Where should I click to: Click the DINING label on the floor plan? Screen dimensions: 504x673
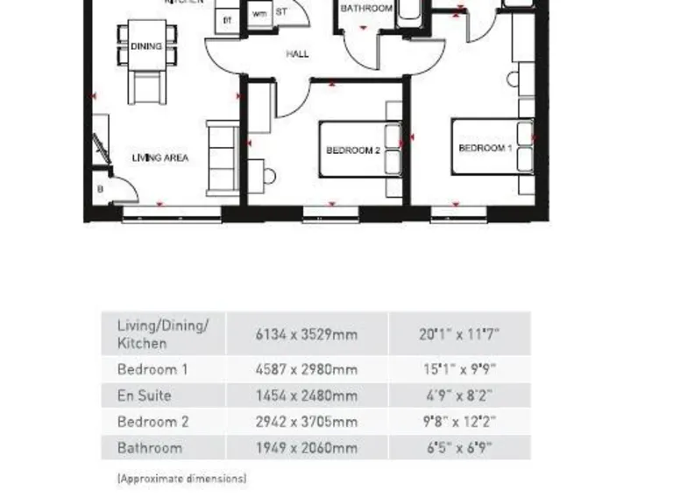(x=146, y=46)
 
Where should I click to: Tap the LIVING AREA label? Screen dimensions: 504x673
(x=160, y=158)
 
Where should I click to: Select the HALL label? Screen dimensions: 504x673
(x=298, y=54)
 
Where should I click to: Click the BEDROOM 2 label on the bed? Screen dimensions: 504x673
(x=352, y=150)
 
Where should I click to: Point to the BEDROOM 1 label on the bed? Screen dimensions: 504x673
(x=485, y=149)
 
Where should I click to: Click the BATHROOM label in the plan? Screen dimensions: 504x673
(x=366, y=9)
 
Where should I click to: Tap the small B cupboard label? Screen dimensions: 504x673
(x=100, y=188)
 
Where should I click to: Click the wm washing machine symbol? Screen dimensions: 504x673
(x=259, y=14)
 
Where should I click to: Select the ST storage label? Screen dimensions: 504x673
(x=281, y=13)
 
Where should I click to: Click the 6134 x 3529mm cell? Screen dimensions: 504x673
(x=307, y=334)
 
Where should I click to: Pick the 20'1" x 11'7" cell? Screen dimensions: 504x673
(x=458, y=334)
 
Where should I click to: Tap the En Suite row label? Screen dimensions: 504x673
(x=145, y=395)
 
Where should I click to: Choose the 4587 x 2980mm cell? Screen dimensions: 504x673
(x=307, y=369)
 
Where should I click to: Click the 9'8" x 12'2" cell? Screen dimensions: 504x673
(x=458, y=422)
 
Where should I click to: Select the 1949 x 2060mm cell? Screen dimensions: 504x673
(x=307, y=448)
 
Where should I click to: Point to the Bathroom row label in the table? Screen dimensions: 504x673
(x=150, y=448)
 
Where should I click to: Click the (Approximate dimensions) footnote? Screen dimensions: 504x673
(x=181, y=479)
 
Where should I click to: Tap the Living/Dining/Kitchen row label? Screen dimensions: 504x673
(x=163, y=334)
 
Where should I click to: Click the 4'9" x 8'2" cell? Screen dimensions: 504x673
(x=458, y=395)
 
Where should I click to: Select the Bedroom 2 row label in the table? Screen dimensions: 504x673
(x=153, y=422)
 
